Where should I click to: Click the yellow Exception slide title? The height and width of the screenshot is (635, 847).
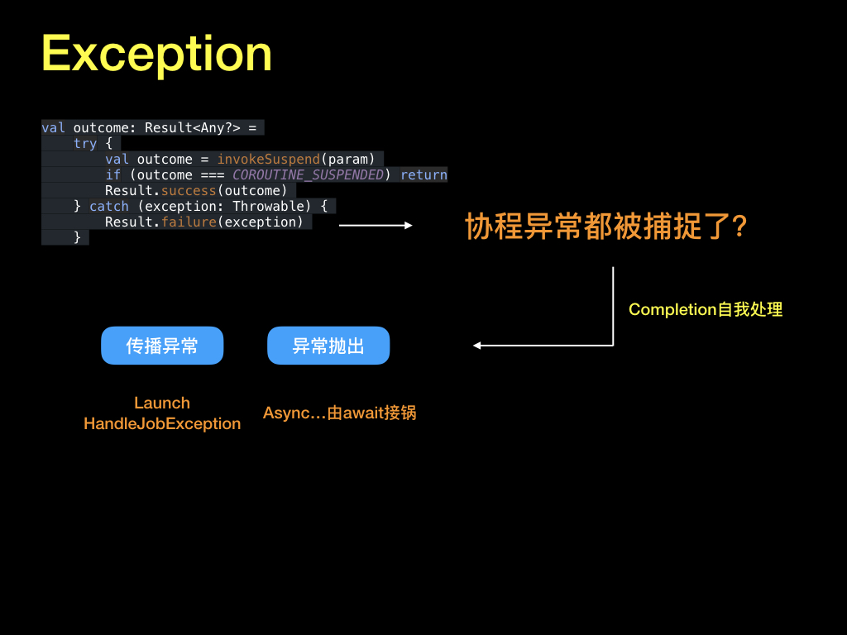pyautogui.click(x=156, y=55)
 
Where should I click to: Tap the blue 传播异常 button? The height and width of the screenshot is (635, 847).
pyautogui.click(x=162, y=346)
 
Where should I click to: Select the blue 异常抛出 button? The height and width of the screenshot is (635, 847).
pyautogui.click(x=328, y=346)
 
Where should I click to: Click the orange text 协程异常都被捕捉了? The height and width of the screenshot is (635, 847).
pyautogui.click(x=606, y=226)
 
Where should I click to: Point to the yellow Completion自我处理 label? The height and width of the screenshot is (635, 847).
pyautogui.click(x=706, y=309)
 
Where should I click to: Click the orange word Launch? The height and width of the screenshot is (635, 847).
pyautogui.click(x=162, y=403)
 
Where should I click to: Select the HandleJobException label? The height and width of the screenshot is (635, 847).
pyautogui.click(x=162, y=423)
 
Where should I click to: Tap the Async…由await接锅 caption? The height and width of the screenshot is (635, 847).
pyautogui.click(x=339, y=412)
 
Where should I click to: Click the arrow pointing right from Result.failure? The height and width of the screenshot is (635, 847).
pyautogui.click(x=376, y=224)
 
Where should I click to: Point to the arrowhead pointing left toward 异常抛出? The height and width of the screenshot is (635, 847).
pyautogui.click(x=478, y=346)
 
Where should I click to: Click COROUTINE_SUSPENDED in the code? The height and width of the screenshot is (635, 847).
pyautogui.click(x=308, y=174)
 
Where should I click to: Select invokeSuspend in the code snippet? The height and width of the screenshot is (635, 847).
pyautogui.click(x=268, y=159)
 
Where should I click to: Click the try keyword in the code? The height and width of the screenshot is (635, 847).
pyautogui.click(x=85, y=143)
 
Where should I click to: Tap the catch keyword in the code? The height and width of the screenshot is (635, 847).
pyautogui.click(x=109, y=206)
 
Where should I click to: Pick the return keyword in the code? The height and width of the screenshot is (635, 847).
pyautogui.click(x=423, y=174)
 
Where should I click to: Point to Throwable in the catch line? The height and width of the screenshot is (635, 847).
pyautogui.click(x=271, y=206)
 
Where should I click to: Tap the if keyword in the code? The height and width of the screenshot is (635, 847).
pyautogui.click(x=113, y=174)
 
